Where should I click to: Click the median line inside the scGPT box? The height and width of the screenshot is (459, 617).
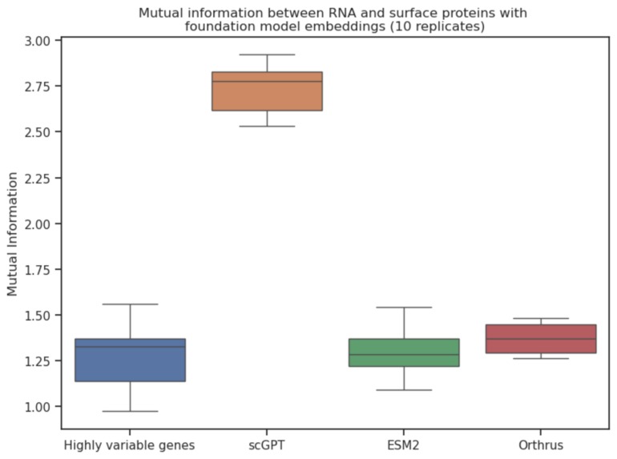tap(267, 81)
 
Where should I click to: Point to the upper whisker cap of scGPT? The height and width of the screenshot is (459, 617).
tap(267, 54)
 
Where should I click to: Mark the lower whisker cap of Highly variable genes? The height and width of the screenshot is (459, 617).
tap(130, 411)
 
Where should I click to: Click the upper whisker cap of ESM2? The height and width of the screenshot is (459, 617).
tap(404, 307)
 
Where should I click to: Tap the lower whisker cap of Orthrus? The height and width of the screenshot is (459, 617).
tap(540, 358)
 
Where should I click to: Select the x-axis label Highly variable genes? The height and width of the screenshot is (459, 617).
tap(130, 445)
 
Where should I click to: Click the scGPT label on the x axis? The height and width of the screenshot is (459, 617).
tap(267, 445)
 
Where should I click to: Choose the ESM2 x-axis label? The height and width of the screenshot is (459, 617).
tap(404, 445)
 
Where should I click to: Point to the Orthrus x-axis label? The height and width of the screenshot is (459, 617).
tap(540, 445)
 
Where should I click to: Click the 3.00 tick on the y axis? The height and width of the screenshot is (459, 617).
tap(38, 40)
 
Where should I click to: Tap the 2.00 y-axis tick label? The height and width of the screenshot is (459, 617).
tap(38, 223)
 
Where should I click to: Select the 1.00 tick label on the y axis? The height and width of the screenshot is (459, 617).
tap(38, 407)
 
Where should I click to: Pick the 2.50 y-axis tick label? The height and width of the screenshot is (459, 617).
tap(38, 131)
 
